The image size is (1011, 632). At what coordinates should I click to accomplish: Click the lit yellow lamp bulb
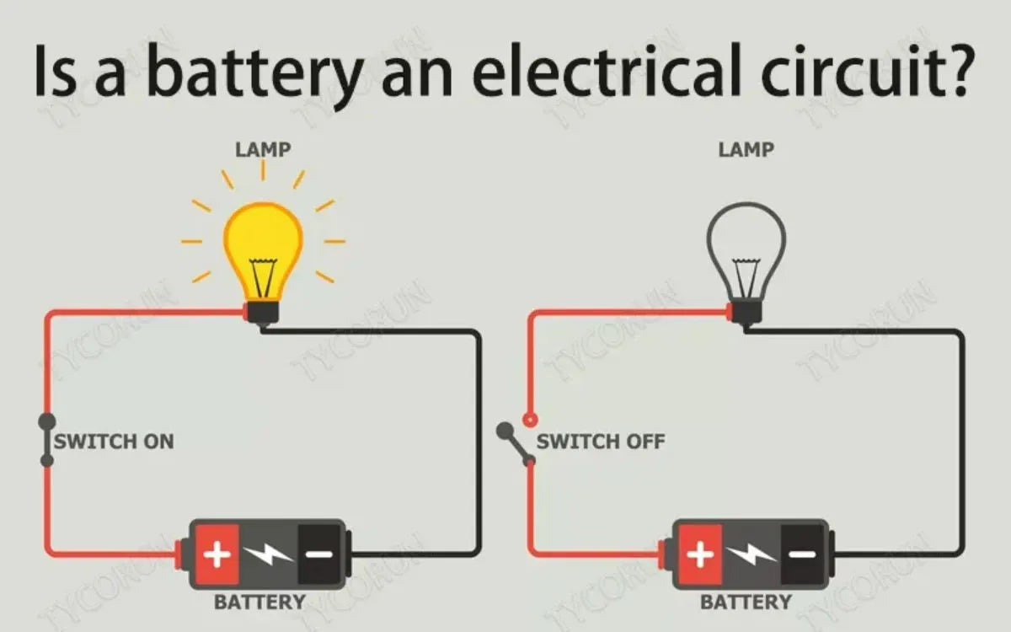point(262,244)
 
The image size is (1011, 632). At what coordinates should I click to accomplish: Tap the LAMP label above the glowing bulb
point(262,150)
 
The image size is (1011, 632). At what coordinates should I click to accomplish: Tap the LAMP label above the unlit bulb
point(746,150)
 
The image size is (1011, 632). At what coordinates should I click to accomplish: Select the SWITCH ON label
point(114,442)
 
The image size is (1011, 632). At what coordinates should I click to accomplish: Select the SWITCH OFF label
point(601,442)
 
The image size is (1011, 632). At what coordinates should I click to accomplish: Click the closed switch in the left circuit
point(47,440)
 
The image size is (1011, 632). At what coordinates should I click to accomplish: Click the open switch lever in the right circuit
point(516,445)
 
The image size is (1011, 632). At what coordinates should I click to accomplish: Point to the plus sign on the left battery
point(218,554)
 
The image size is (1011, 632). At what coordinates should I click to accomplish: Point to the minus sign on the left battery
point(318,554)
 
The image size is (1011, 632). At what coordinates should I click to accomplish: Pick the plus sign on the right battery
point(701,554)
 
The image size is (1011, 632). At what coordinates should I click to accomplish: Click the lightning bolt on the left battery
point(268,554)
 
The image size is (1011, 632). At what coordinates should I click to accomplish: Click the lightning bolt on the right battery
point(752,554)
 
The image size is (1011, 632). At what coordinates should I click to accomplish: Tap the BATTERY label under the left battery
point(259,603)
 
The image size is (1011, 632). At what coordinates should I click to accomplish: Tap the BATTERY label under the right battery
point(746,603)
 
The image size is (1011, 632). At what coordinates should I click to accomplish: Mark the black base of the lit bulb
point(262,314)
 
